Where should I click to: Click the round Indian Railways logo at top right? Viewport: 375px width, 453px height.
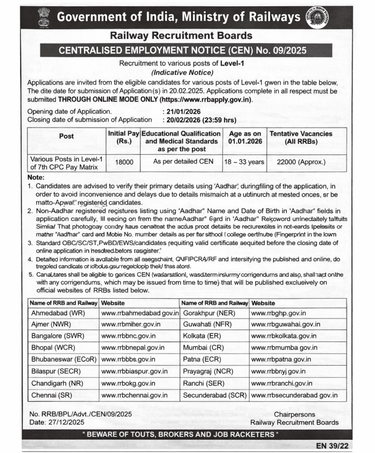(x=319, y=18)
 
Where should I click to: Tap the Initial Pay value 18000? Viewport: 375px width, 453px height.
(x=124, y=162)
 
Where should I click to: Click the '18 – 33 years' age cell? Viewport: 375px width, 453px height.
(x=245, y=162)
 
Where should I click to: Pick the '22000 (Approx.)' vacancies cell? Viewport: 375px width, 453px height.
(x=301, y=162)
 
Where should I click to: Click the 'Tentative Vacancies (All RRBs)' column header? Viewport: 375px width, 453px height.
(x=301, y=137)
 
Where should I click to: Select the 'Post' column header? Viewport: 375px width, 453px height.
(x=66, y=136)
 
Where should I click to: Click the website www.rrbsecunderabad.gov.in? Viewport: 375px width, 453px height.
(x=295, y=395)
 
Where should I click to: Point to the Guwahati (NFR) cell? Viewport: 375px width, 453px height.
(x=207, y=324)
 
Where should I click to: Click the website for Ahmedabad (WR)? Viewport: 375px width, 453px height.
(x=140, y=313)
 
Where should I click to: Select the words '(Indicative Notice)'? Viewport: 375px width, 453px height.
(x=182, y=72)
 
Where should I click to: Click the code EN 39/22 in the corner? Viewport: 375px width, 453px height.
(x=332, y=445)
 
